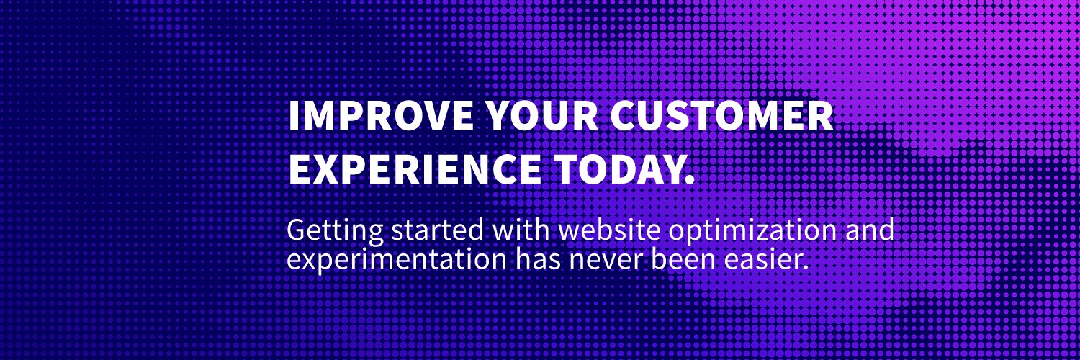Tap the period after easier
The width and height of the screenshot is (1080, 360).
click(806, 267)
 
